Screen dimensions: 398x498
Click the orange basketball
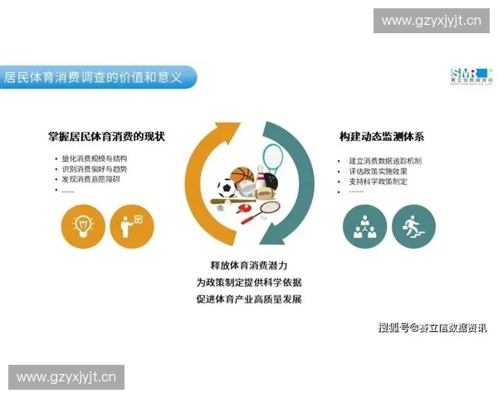[242, 177]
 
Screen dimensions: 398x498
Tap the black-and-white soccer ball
[227, 188]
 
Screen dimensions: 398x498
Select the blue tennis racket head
[272, 155]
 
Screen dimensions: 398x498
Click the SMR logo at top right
[470, 75]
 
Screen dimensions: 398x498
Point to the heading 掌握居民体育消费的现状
[105, 136]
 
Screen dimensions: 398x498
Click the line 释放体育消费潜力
[249, 265]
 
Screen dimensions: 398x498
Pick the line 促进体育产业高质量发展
[249, 298]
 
